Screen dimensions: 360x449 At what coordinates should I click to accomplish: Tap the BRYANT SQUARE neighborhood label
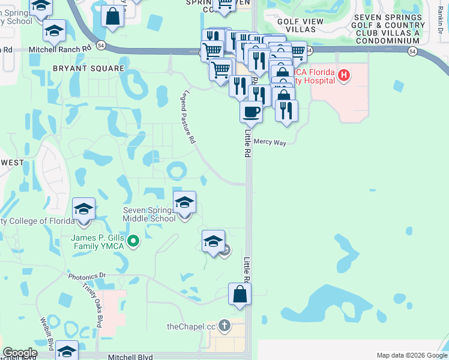pos(88,68)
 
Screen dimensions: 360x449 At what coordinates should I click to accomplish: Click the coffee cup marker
pos(251,112)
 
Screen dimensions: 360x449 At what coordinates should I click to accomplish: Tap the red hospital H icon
pos(343,75)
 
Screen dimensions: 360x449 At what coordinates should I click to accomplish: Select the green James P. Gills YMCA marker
pos(133,242)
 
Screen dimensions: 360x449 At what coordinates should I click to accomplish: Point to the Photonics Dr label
pos(87,276)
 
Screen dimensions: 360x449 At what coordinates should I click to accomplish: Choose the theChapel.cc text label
pos(191,326)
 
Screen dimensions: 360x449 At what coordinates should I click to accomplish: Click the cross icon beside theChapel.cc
pos(224,326)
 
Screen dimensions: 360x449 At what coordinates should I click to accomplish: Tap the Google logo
pos(20,353)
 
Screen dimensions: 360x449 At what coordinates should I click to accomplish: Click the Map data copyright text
pos(411,355)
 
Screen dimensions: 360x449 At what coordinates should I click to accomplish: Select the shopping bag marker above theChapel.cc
pos(240,295)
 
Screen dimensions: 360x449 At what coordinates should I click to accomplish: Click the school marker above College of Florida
pos(83,210)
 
